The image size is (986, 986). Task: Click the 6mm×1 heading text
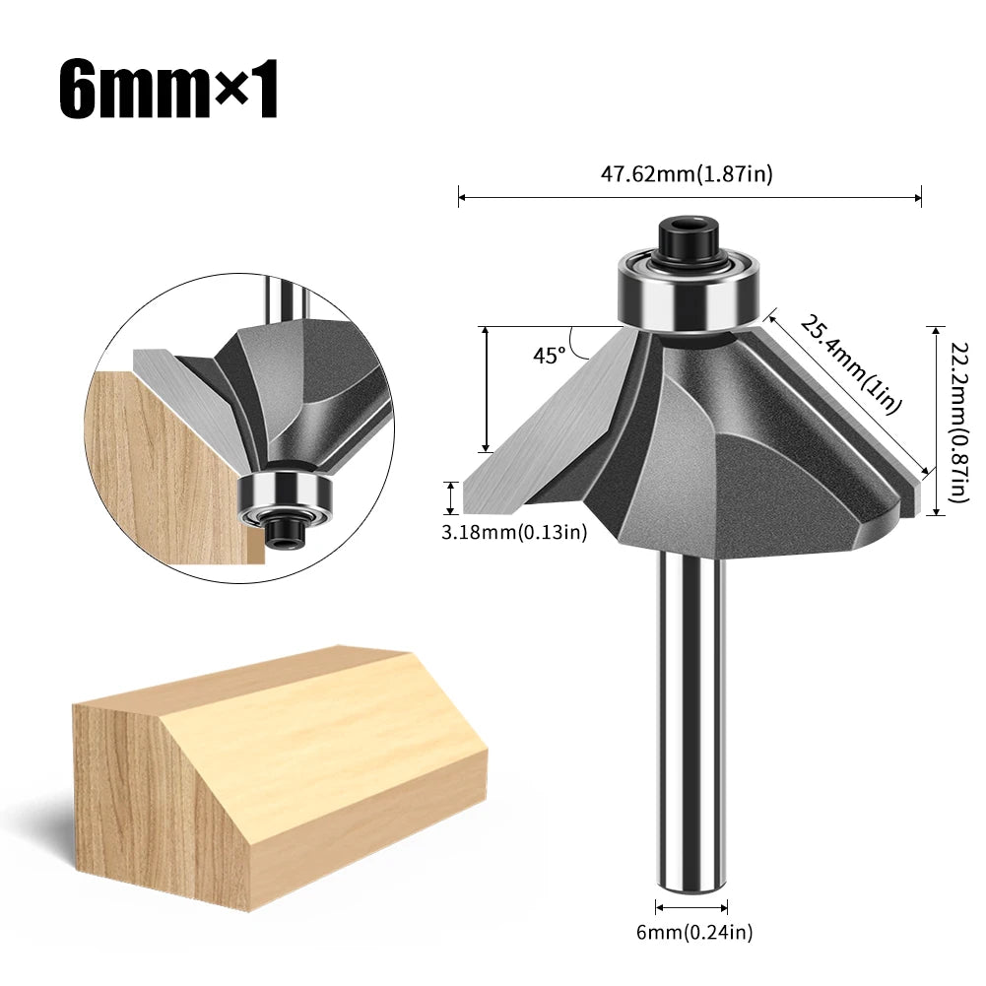(168, 92)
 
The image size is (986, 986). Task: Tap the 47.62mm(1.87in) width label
(688, 174)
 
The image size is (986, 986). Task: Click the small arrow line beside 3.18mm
(452, 497)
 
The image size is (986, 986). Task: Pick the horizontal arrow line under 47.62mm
(690, 197)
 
